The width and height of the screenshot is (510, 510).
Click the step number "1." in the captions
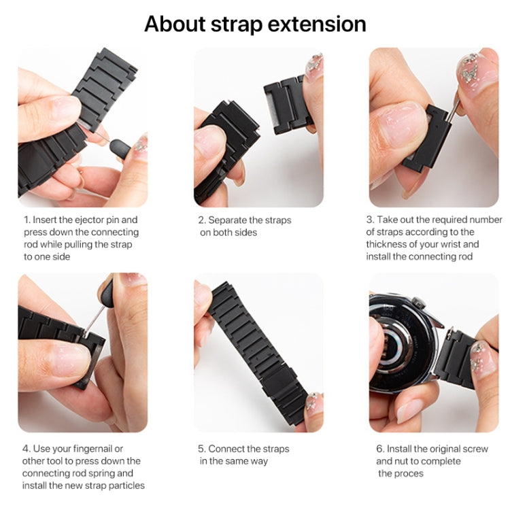click(27, 220)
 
